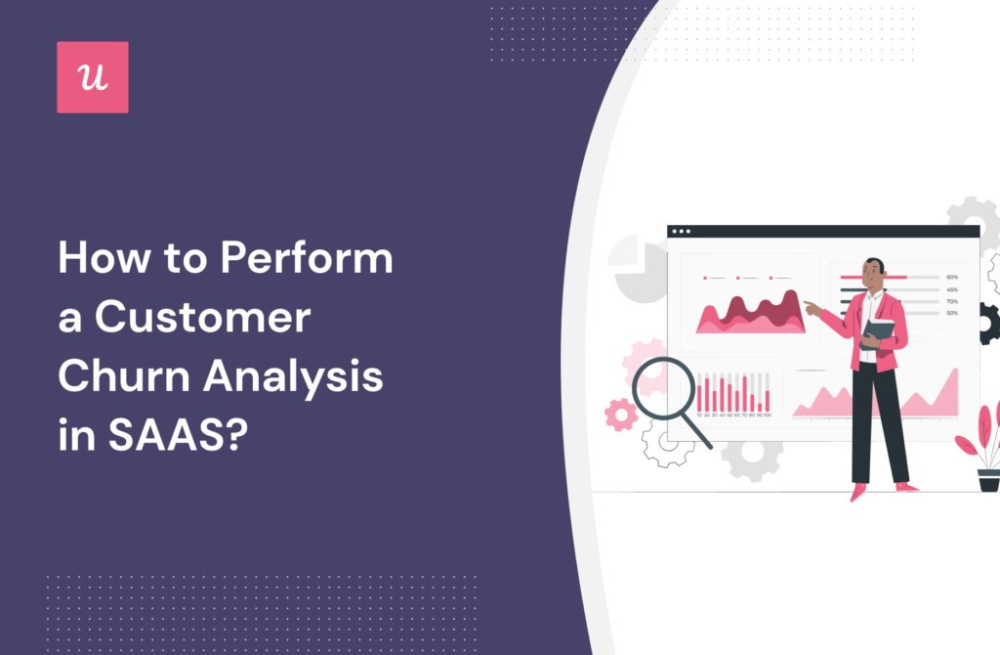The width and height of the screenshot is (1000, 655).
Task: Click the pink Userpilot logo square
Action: pyautogui.click(x=92, y=77)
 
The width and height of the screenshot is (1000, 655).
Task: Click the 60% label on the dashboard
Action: pyautogui.click(x=951, y=277)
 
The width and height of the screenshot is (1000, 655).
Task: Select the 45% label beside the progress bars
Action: pyautogui.click(x=951, y=289)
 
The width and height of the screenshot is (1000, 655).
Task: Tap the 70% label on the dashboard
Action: pyautogui.click(x=951, y=301)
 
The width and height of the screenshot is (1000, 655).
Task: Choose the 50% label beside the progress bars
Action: pyautogui.click(x=951, y=313)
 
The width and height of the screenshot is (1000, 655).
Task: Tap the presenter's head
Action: pyautogui.click(x=873, y=269)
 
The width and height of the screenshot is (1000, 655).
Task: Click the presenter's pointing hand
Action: pyautogui.click(x=810, y=307)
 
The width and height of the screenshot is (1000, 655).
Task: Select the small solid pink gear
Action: pyautogui.click(x=620, y=415)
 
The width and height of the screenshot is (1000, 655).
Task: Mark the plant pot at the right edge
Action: pyautogui.click(x=988, y=480)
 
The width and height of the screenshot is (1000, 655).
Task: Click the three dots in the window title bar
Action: pyautogui.click(x=680, y=233)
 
